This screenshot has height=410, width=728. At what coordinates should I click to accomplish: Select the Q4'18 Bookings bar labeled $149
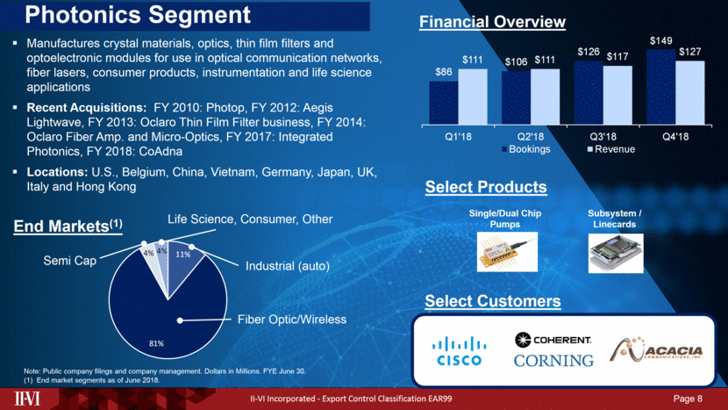coord(660,88)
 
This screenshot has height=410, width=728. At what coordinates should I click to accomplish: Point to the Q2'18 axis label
coord(530,136)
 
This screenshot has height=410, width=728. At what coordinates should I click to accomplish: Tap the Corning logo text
coord(553,359)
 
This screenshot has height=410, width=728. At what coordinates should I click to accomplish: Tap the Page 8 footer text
coord(688,400)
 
